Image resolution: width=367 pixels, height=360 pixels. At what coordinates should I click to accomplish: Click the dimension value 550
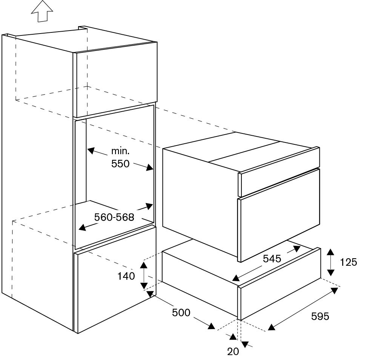coord(120,164)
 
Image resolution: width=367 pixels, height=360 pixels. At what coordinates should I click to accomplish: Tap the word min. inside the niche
coord(120,152)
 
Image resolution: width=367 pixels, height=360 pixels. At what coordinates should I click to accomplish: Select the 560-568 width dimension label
coord(114,218)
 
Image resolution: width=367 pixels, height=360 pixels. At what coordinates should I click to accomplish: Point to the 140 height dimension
coord(126,276)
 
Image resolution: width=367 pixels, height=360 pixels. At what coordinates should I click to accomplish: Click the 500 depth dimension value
coord(181,313)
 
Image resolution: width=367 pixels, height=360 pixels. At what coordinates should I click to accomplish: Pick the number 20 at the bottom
coord(233,351)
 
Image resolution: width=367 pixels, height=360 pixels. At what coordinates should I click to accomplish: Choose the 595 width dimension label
coord(320,317)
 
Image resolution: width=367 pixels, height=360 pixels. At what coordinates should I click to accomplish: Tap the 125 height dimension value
coord(348,262)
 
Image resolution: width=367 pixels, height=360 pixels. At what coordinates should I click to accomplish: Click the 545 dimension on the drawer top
coord(272,259)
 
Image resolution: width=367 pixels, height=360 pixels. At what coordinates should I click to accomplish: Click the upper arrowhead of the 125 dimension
coord(330,252)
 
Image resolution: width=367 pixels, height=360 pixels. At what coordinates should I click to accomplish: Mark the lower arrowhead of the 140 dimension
coord(144,286)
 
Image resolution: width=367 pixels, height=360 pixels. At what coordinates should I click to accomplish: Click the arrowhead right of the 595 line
coord(334,290)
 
